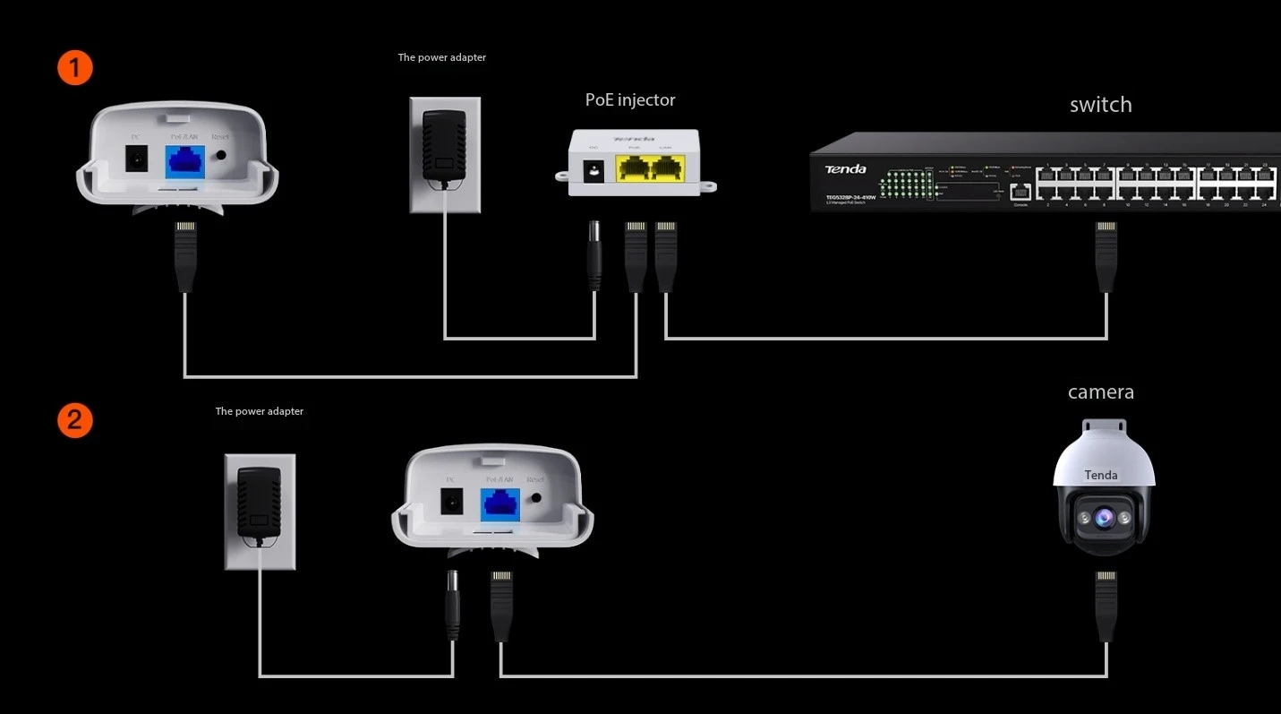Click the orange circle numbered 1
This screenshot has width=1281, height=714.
tap(75, 68)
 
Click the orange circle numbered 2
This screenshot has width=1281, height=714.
tap(75, 421)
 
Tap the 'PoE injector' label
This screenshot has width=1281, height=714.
tap(630, 100)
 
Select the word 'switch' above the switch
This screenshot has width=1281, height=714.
tap(1100, 105)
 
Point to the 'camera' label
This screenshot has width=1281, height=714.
tap(1100, 392)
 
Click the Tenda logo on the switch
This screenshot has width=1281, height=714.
tap(845, 168)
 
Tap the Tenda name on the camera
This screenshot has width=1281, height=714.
tap(1101, 475)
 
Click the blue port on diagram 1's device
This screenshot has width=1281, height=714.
tap(185, 161)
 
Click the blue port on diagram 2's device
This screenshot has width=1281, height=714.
tap(501, 503)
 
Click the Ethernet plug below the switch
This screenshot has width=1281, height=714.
tap(1106, 255)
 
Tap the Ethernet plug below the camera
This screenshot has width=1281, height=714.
tap(1106, 605)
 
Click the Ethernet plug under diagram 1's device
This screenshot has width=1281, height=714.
tap(185, 255)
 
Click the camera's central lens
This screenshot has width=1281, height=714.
tap(1100, 518)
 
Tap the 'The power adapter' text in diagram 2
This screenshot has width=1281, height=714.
tap(260, 412)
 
